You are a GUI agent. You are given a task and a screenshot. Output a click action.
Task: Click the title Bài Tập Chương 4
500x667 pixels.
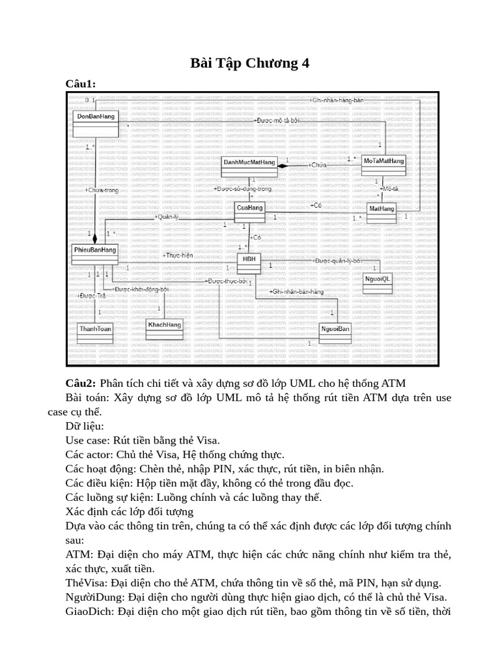249,63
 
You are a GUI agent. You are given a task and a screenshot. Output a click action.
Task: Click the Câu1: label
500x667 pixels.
81,83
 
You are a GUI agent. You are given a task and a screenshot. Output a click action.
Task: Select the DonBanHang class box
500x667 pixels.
96,122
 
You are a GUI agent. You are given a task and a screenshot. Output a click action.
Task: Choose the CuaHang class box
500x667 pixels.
250,212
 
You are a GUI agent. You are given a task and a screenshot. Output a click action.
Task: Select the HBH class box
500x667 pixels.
250,264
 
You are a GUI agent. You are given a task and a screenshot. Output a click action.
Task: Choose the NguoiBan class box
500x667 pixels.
335,333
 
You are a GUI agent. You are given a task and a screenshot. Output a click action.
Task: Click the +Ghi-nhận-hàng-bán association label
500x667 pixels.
336,100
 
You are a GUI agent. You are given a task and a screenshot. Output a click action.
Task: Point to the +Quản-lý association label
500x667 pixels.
166,217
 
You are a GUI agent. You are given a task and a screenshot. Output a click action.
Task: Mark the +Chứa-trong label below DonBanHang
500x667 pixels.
102,190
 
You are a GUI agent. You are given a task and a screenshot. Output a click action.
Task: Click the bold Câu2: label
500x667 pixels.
81,382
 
